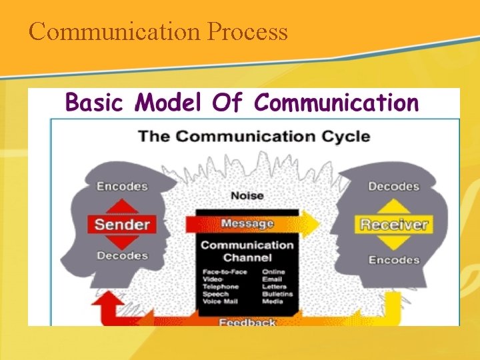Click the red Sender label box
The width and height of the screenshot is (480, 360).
(x=121, y=223)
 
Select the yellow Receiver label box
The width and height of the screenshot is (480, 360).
(x=393, y=224)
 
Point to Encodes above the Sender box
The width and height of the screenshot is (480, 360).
(x=122, y=187)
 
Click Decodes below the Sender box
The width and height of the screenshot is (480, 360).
(x=122, y=255)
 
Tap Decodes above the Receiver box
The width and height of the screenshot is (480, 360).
(x=393, y=187)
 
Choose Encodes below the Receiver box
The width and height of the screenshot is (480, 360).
(x=393, y=260)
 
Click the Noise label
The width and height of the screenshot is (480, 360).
(x=247, y=195)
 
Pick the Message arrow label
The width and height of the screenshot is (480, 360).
(x=247, y=223)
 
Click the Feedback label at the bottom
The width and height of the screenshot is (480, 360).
(x=247, y=322)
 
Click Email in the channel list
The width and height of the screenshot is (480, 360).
(x=272, y=279)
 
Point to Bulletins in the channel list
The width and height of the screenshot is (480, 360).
(x=276, y=294)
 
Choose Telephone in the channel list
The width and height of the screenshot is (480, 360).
(x=219, y=287)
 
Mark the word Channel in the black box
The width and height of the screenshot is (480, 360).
(x=247, y=257)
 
